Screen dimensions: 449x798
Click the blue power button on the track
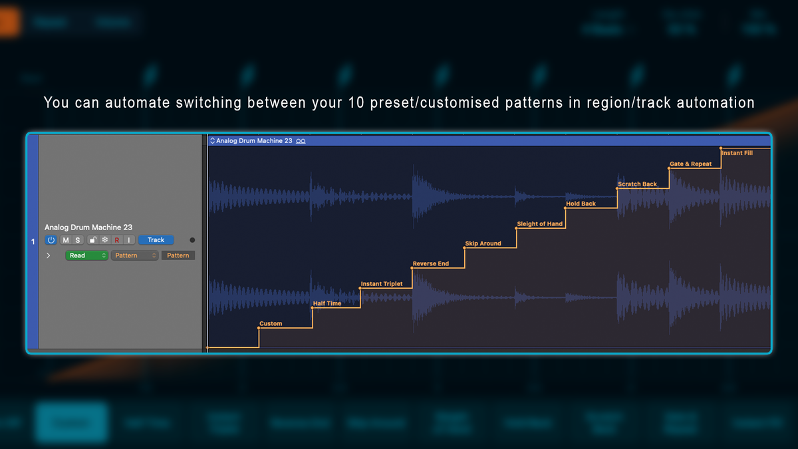[51, 240]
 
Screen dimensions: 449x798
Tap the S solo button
[77, 240]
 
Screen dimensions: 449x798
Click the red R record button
[117, 240]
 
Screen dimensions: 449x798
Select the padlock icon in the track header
[93, 240]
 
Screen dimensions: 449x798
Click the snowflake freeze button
[104, 240]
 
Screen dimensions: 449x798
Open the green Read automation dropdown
[86, 255]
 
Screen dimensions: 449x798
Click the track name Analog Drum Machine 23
[88, 227]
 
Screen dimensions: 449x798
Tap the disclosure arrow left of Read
[48, 255]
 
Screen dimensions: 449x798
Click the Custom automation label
[271, 324]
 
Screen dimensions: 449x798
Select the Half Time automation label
[327, 304]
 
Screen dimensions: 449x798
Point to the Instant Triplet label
[382, 284]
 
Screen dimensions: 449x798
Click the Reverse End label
[431, 264]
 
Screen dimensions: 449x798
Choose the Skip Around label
[483, 244]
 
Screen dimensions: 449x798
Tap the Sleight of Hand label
[540, 224]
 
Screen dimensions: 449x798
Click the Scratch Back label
[637, 184]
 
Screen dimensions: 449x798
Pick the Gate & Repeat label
[690, 164]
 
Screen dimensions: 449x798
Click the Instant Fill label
[737, 153]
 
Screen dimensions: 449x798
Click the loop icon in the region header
[301, 141]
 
